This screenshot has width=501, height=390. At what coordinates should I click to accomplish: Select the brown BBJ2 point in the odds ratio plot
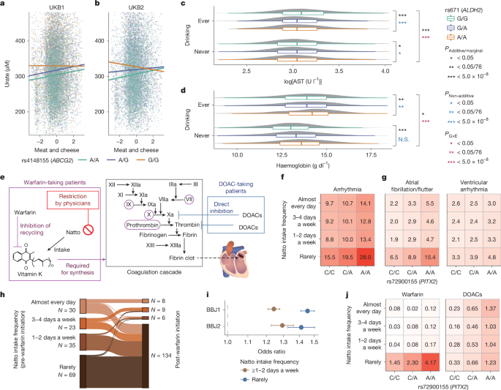pyautogui.click(x=282, y=325)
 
